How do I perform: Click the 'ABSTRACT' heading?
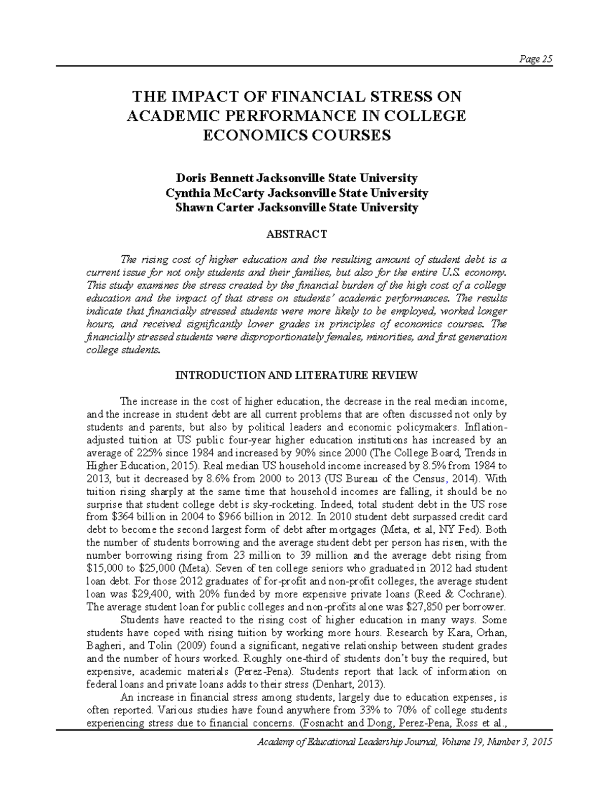296,234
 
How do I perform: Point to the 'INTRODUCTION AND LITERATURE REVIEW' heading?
296,375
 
